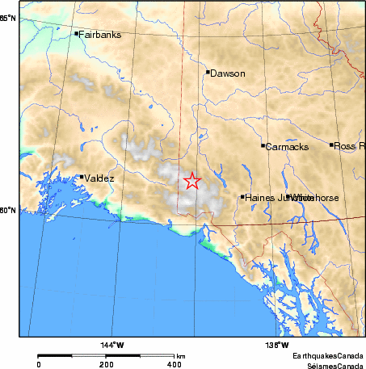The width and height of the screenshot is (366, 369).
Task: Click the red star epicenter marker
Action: point(191,181)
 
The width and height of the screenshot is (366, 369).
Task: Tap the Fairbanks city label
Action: point(98,34)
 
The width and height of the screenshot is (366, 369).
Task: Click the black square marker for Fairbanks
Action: point(76,34)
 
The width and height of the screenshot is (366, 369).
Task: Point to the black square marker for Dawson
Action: point(208,72)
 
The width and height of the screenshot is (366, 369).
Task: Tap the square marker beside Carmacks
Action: point(263,145)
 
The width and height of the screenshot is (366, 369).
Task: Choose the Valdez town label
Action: point(99,178)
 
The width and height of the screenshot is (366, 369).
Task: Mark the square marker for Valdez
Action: point(82,177)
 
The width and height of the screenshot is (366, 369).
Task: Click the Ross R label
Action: point(349,145)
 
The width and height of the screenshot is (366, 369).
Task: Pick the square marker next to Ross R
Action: point(331,145)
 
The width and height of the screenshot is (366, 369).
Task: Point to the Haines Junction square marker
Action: point(242,196)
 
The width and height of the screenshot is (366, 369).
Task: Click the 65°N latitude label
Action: point(8,18)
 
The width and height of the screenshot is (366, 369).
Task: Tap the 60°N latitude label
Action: point(8,212)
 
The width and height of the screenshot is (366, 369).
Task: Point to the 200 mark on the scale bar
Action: point(107,364)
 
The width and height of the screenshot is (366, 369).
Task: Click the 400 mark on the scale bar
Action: point(175,364)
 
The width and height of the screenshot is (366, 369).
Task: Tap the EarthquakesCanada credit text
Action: point(328,355)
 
